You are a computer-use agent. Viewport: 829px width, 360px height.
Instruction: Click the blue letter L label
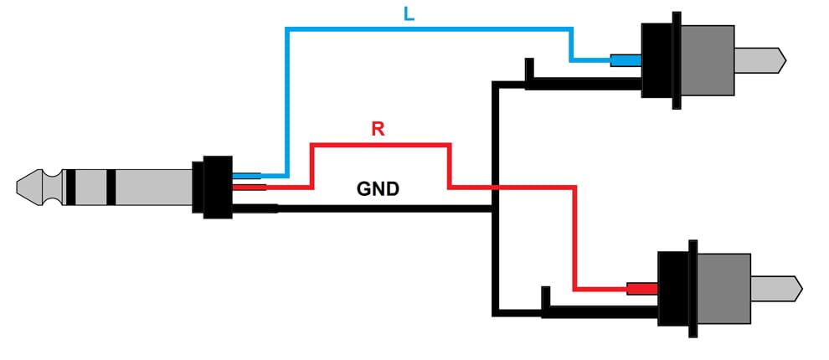click(409, 14)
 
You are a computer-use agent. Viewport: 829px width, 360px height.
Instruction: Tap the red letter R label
click(378, 128)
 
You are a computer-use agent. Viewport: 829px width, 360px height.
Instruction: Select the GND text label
click(378, 188)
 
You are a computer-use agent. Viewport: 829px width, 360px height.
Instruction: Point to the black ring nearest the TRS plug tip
click(70, 188)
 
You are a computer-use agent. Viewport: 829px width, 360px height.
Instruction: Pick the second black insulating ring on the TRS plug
click(111, 188)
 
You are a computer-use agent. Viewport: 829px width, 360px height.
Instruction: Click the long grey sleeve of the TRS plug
click(154, 188)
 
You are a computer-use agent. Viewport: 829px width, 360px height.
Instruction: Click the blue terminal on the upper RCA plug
click(626, 60)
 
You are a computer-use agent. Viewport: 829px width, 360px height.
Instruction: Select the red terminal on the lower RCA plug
click(642, 289)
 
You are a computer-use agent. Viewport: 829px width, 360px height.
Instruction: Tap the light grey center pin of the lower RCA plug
click(776, 289)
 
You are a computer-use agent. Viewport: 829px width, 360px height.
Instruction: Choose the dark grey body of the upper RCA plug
click(708, 60)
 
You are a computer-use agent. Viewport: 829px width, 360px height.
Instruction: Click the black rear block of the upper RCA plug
click(657, 60)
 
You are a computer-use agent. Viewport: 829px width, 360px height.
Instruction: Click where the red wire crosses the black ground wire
click(496, 188)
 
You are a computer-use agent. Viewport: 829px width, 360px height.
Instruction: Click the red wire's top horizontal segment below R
click(381, 144)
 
